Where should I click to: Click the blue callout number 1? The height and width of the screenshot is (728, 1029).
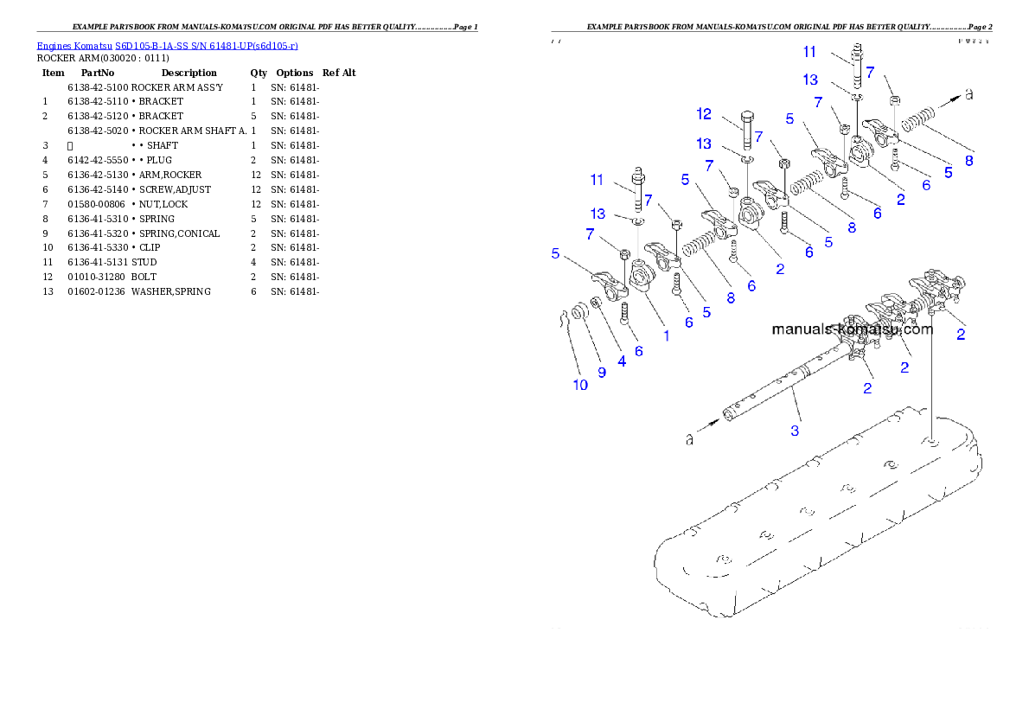point(666,335)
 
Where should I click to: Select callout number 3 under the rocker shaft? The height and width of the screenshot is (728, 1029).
point(795,429)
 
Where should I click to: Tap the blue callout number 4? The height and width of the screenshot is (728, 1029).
point(621,361)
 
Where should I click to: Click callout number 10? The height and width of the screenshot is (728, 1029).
point(580,385)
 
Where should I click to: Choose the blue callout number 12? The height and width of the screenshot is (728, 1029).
point(705,114)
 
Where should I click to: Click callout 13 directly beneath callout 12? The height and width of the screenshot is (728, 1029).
point(705,143)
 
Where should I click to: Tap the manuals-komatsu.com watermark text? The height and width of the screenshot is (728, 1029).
point(852,329)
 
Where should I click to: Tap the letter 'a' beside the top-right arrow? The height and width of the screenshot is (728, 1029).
point(968,94)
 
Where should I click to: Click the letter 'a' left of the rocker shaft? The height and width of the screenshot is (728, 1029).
point(689,440)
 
